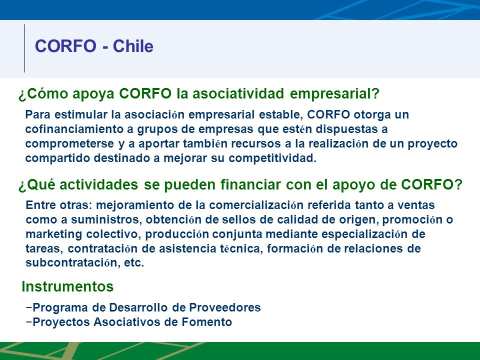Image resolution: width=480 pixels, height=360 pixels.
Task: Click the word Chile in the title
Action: [133, 46]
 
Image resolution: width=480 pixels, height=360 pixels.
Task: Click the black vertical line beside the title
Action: [25, 48]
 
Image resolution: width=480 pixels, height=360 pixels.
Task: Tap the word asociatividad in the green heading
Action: [238, 93]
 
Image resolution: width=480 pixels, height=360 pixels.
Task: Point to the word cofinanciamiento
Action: [74, 129]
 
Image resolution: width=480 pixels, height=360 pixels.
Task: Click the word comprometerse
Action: [70, 144]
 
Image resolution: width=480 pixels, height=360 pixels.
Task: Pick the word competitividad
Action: [272, 158]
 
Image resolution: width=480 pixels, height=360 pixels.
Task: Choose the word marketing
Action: [53, 234]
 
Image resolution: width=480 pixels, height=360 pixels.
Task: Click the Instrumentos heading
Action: [67, 286]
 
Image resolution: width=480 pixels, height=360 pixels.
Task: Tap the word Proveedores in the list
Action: [224, 307]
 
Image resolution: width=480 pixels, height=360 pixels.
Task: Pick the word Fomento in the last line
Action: [206, 322]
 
